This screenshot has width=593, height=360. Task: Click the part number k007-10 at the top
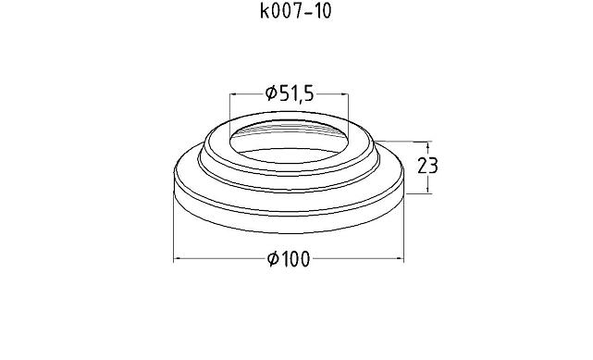[296, 13]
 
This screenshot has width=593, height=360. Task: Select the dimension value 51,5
[297, 93]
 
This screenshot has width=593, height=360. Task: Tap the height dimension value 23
[427, 167]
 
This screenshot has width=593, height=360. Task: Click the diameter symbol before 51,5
[271, 93]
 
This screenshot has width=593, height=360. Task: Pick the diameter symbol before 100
[274, 259]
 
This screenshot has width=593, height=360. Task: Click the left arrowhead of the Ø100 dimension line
[178, 259]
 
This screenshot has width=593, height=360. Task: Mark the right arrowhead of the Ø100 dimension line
[402, 259]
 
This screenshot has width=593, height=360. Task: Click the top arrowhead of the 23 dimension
[427, 145]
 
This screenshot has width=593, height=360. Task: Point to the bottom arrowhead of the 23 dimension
[427, 190]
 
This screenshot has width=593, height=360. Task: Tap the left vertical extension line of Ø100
[174, 231]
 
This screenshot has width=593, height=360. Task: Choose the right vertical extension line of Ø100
[405, 231]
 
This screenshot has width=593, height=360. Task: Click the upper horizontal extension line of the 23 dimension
[407, 142]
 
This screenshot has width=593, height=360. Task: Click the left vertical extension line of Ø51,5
[230, 106]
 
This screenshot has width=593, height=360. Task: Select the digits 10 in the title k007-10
[321, 13]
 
